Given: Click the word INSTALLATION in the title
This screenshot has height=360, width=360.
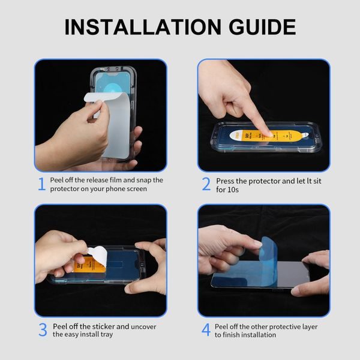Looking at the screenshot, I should pyautogui.click(x=140, y=27).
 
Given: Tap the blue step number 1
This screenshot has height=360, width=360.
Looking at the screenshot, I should pyautogui.click(x=41, y=184).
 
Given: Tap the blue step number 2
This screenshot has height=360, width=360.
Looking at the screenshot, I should pyautogui.click(x=206, y=184).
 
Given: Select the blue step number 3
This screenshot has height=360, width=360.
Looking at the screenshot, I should pyautogui.click(x=42, y=330).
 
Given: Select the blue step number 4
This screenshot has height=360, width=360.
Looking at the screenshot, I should pyautogui.click(x=206, y=330).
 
